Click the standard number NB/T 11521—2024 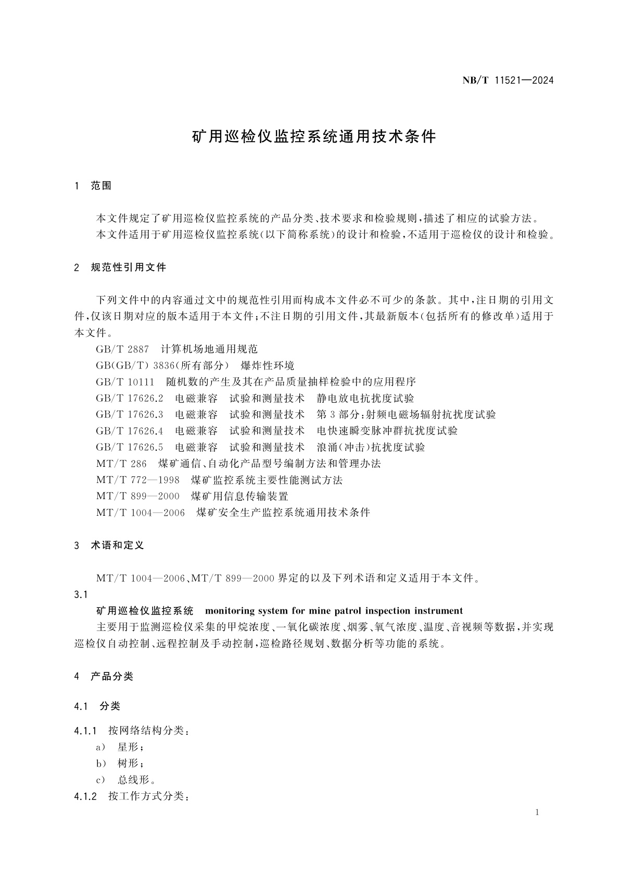[508, 80]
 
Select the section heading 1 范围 [94, 185]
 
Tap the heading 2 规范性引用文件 [120, 268]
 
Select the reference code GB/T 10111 [125, 382]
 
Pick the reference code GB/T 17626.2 [130, 398]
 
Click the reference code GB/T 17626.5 [130, 447]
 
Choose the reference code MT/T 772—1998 [137, 480]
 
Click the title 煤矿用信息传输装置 [239, 496]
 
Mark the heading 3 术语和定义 [109, 545]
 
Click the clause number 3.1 [81, 594]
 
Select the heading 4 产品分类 [104, 676]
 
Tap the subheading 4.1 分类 [97, 706]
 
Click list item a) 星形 [120, 747]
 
